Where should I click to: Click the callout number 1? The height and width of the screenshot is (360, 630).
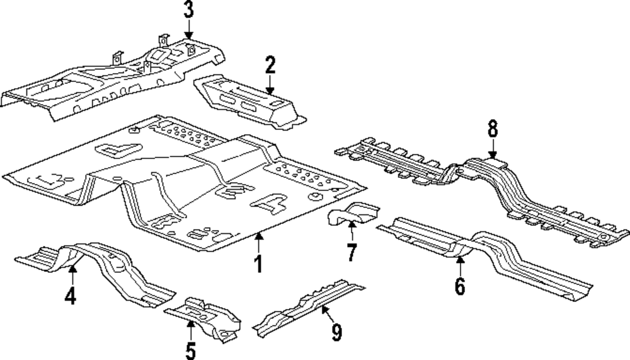[258, 264]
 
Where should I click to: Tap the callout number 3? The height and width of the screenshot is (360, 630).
[188, 10]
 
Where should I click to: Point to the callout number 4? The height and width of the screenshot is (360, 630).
[71, 296]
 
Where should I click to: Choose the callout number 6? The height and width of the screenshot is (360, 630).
[460, 286]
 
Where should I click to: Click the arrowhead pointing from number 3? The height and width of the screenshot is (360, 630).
[188, 37]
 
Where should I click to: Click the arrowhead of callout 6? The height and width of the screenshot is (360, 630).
[460, 256]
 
